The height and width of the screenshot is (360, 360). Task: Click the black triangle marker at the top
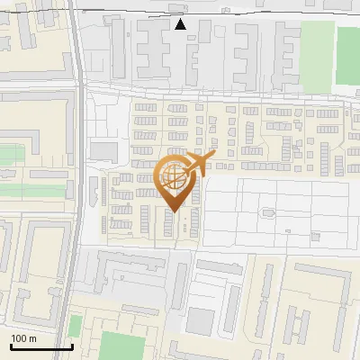(x=181, y=24)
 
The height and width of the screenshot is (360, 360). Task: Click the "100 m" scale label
(x=24, y=338)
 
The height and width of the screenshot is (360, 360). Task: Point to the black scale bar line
(x=40, y=346)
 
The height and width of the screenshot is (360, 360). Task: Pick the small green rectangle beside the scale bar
(x=76, y=326)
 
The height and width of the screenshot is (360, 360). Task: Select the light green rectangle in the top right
(x=317, y=45)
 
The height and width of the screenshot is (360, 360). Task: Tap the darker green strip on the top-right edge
(x=348, y=54)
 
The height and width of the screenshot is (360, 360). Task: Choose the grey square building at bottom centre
(x=201, y=320)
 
